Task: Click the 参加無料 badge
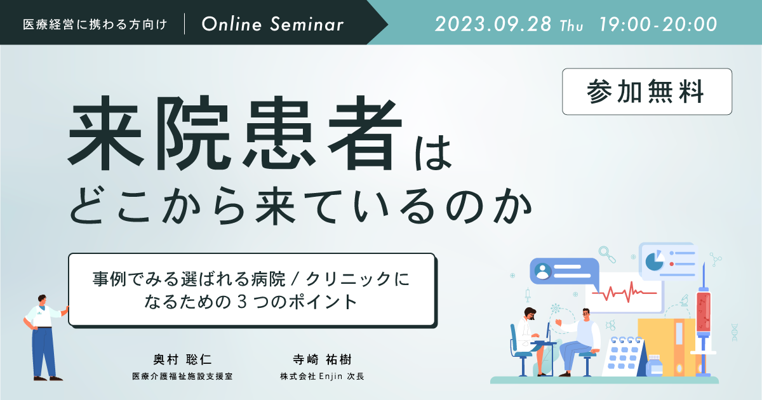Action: [x=646, y=91]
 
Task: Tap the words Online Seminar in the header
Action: [x=272, y=24]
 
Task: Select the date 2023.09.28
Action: [x=493, y=24]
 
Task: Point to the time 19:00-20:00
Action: [x=658, y=24]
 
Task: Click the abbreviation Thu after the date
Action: [x=571, y=26]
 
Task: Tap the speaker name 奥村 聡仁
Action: [x=183, y=359]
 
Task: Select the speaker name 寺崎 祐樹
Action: [x=322, y=359]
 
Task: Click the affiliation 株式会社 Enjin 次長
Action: [x=322, y=376]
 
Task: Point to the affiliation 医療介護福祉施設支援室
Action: [x=182, y=376]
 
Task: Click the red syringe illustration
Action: [x=703, y=320]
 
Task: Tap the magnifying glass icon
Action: [x=607, y=255]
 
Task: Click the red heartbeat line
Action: [x=624, y=292]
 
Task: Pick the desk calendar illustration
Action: [x=625, y=356]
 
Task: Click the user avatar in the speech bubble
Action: [x=543, y=271]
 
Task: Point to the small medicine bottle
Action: [x=654, y=366]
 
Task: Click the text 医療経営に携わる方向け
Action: [x=95, y=25]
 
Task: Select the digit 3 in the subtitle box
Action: [x=242, y=302]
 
